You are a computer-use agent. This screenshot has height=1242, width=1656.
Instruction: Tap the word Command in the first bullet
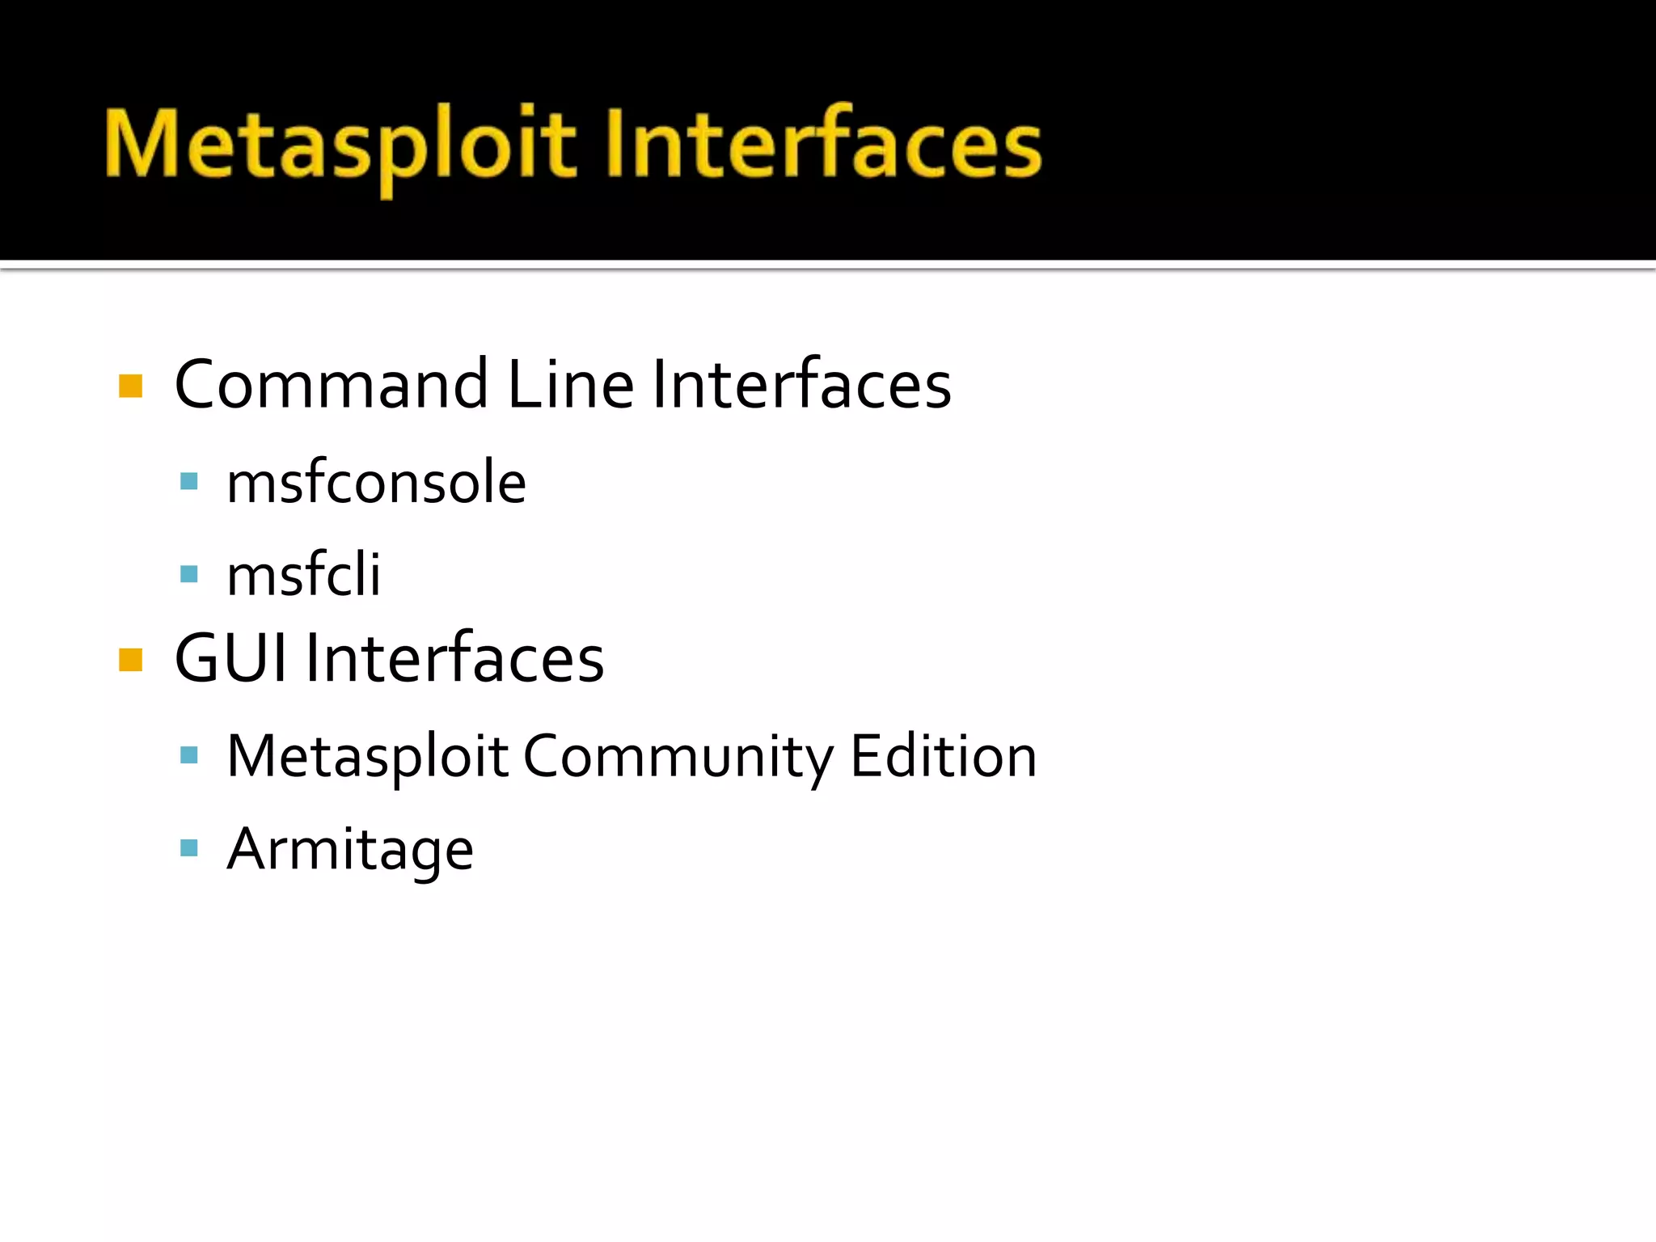[332, 385]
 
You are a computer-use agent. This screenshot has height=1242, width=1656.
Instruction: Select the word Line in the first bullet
[570, 385]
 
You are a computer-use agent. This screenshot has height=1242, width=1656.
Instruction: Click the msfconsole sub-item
[376, 483]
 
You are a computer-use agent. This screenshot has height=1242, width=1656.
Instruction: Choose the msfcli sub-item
[303, 575]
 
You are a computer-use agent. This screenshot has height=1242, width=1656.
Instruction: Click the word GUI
[231, 659]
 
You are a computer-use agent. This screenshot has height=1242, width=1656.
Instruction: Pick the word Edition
[943, 757]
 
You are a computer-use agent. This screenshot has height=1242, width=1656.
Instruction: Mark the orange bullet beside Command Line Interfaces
[130, 387]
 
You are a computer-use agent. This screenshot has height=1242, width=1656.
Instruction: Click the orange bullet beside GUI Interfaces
[130, 660]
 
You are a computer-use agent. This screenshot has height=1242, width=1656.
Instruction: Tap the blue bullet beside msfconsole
[189, 483]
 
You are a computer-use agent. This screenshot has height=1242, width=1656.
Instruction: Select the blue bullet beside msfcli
[189, 574]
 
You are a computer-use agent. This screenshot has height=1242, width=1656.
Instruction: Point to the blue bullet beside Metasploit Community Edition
[189, 756]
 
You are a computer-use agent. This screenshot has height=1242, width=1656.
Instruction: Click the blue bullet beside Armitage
[189, 848]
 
